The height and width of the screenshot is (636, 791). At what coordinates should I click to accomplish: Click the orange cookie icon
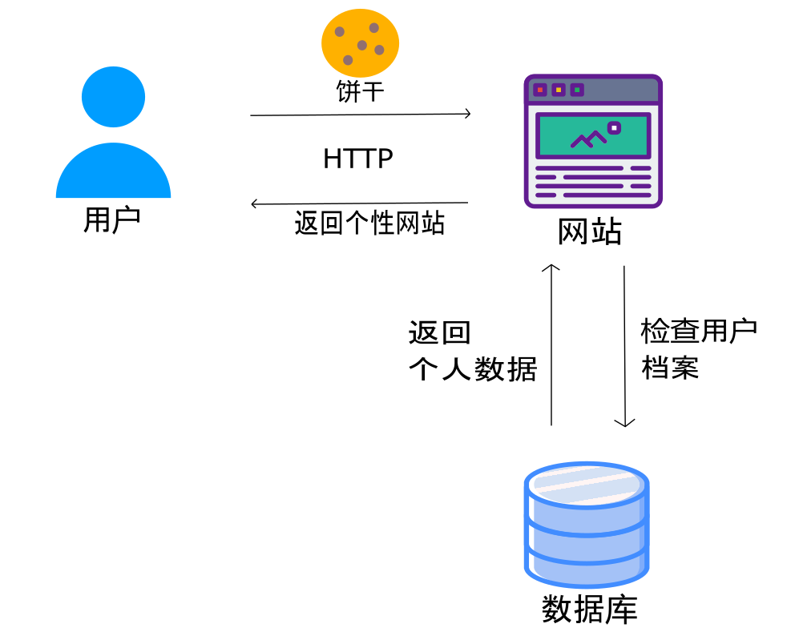[360, 42]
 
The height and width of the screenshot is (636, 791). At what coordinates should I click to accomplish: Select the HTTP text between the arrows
[358, 159]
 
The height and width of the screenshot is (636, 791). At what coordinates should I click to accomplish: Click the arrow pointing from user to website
[360, 115]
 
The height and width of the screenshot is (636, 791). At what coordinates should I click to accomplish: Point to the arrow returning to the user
[360, 203]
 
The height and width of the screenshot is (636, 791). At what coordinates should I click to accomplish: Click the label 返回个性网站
[369, 223]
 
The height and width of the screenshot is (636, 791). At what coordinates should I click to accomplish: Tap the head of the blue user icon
[113, 96]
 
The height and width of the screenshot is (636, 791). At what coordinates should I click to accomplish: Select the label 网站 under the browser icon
[590, 232]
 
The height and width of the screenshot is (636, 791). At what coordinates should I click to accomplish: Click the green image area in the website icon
[593, 135]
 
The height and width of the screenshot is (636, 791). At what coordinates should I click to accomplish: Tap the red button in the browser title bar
[540, 90]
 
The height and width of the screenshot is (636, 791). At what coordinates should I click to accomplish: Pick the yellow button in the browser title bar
[559, 90]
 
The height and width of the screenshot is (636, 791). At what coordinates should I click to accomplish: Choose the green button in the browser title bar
[577, 90]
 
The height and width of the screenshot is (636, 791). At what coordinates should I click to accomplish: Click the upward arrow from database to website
[551, 344]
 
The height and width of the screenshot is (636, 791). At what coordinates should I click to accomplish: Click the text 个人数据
[472, 370]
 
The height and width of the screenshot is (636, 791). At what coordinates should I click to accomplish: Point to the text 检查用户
[699, 330]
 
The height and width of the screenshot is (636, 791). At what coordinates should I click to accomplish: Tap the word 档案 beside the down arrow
[670, 368]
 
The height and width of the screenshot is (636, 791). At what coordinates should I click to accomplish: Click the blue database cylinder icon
[586, 525]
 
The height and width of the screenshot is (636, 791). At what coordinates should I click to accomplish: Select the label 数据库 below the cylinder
[589, 610]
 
